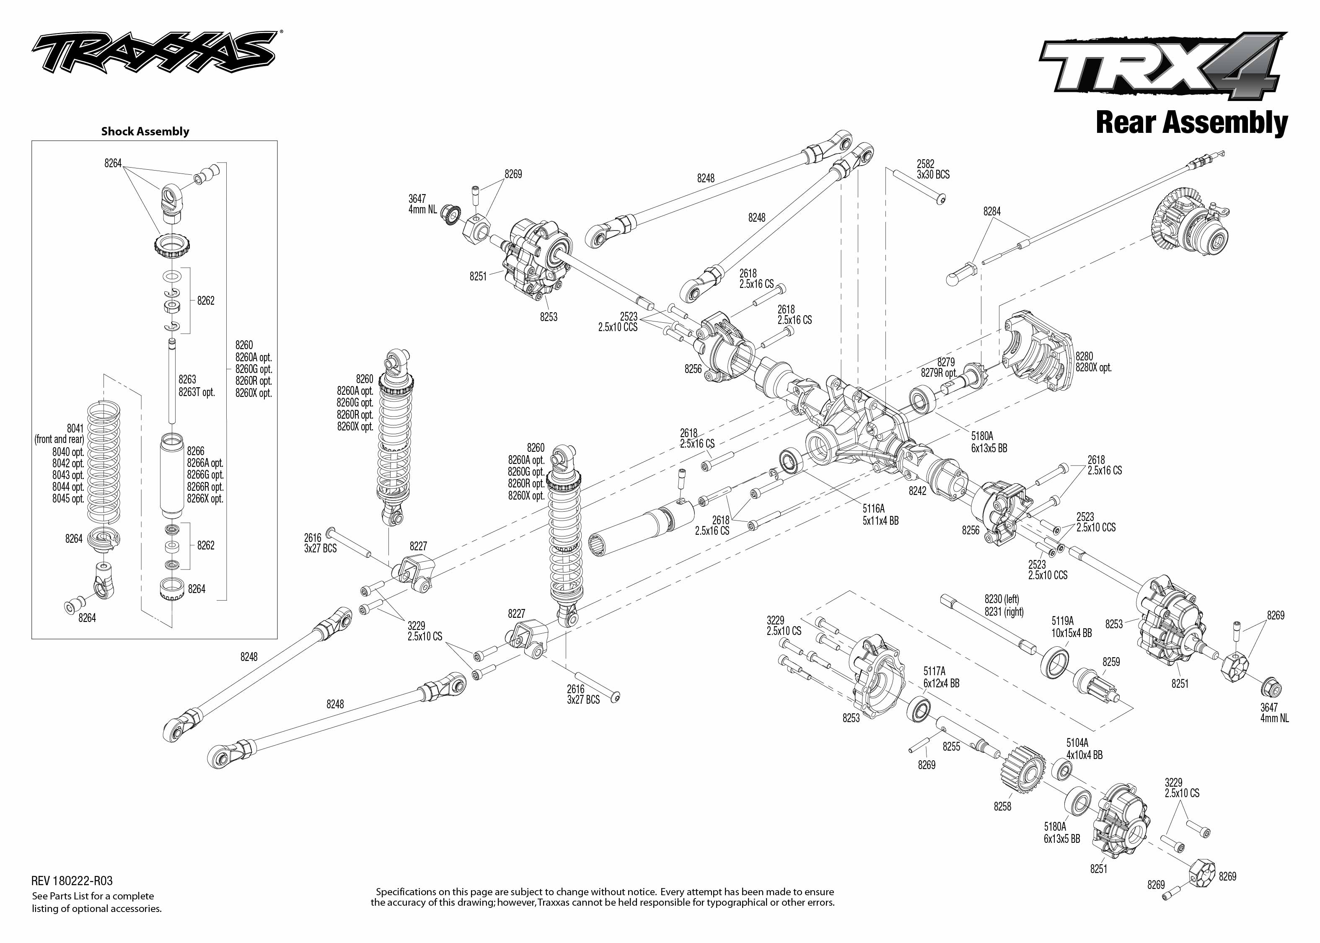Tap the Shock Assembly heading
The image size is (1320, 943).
(x=145, y=131)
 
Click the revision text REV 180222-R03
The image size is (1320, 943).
(x=72, y=881)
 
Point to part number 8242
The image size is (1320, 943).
(x=918, y=491)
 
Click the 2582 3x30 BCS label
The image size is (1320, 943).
(x=933, y=169)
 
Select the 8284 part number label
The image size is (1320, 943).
(x=991, y=211)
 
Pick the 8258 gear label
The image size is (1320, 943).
(x=1002, y=806)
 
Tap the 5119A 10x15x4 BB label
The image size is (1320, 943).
(x=1071, y=627)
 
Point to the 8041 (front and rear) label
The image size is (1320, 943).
(x=60, y=434)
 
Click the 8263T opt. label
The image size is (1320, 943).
(x=197, y=392)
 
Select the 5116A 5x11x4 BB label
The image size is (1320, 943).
(x=880, y=515)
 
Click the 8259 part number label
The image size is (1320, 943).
(x=1111, y=661)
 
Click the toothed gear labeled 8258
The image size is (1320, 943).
(x=1022, y=772)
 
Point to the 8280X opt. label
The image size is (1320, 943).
(x=1093, y=368)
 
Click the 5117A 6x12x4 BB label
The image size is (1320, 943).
(x=941, y=677)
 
